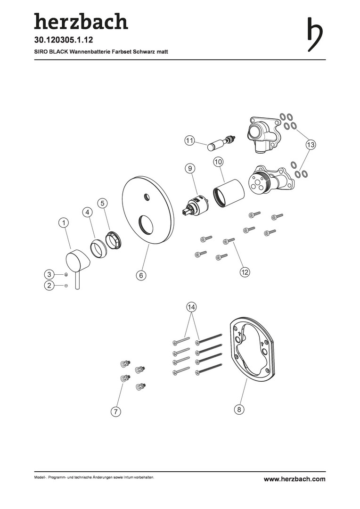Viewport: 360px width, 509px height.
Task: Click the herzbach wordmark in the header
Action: tap(81, 21)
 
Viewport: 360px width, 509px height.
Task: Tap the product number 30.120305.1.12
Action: tap(64, 40)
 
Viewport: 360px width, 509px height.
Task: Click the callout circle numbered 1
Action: tap(64, 222)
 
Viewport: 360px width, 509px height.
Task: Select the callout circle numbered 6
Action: tap(141, 275)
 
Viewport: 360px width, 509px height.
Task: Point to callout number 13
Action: tap(311, 145)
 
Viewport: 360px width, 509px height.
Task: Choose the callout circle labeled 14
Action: tap(191, 307)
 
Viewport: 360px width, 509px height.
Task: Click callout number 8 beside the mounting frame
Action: tap(239, 410)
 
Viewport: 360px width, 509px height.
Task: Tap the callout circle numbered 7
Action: tap(115, 411)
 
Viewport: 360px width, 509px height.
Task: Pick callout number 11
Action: tap(189, 141)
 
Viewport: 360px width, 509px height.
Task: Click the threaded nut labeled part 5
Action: tap(114, 240)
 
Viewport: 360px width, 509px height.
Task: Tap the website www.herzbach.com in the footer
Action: tap(295, 479)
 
